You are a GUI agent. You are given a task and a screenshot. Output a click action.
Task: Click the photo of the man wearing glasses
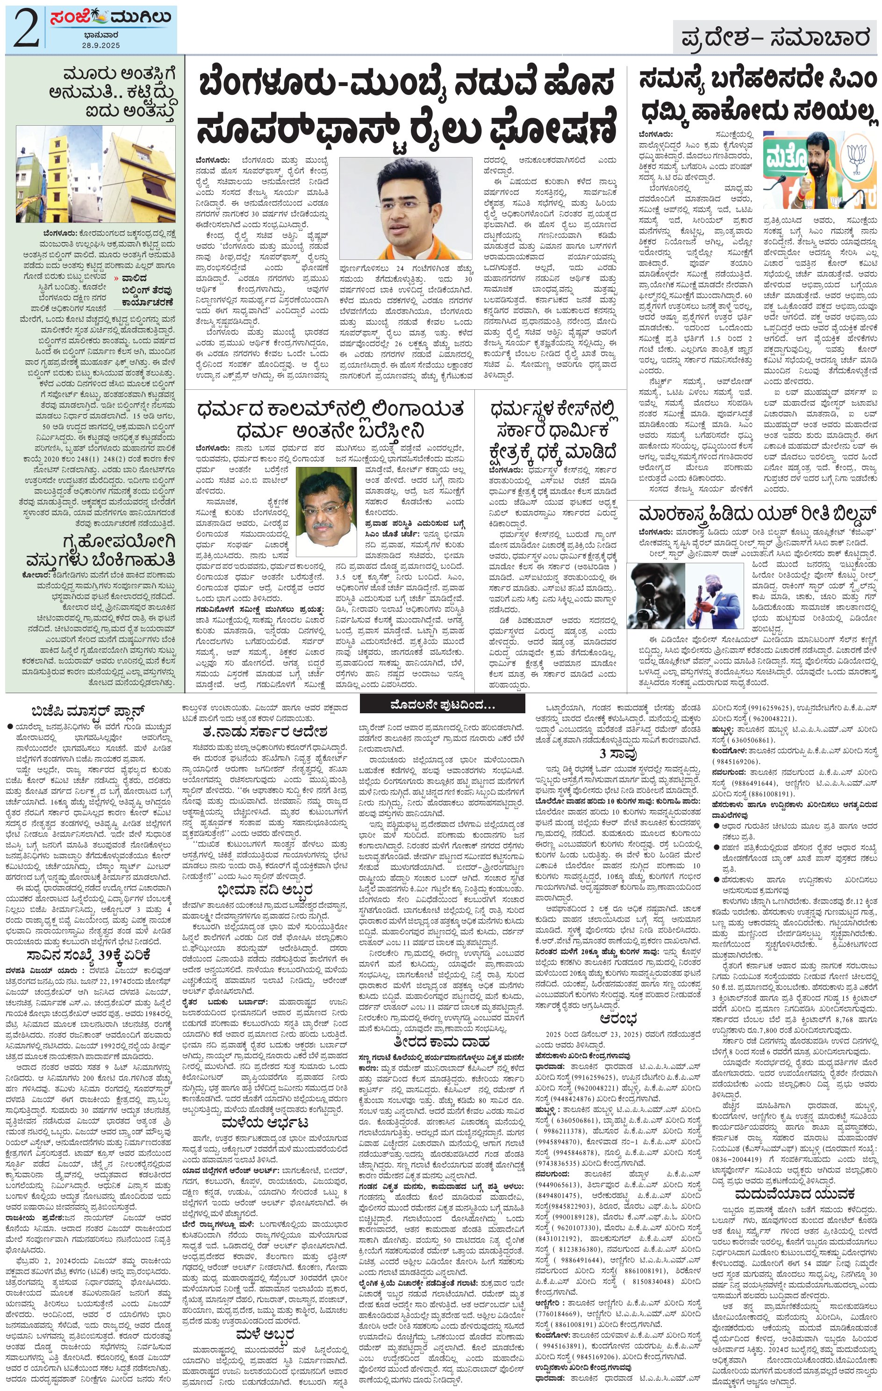326,511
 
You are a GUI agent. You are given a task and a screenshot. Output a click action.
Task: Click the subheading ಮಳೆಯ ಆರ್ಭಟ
265,1122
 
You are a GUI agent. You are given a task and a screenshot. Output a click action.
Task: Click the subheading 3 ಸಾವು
610,754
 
